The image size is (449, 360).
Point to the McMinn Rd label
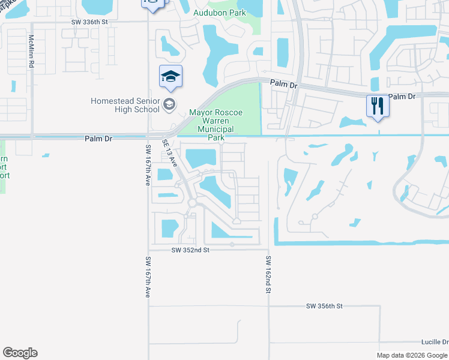point(31,50)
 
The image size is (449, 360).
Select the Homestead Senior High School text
point(125,105)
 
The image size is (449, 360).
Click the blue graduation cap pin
point(170,77)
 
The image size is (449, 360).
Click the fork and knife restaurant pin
point(378,106)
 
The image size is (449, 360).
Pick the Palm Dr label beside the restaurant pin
point(402,96)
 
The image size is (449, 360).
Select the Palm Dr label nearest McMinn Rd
point(99,138)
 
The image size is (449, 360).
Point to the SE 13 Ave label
point(169,154)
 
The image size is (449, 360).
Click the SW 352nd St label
point(190,250)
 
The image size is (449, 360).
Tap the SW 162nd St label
point(269,274)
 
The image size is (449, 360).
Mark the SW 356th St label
point(324,306)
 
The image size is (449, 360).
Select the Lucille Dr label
point(435,341)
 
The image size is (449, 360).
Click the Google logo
point(20,353)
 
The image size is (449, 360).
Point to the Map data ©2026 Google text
point(411,355)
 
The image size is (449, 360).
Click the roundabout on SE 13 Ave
point(193,203)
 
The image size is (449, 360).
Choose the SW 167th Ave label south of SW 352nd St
point(147,277)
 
